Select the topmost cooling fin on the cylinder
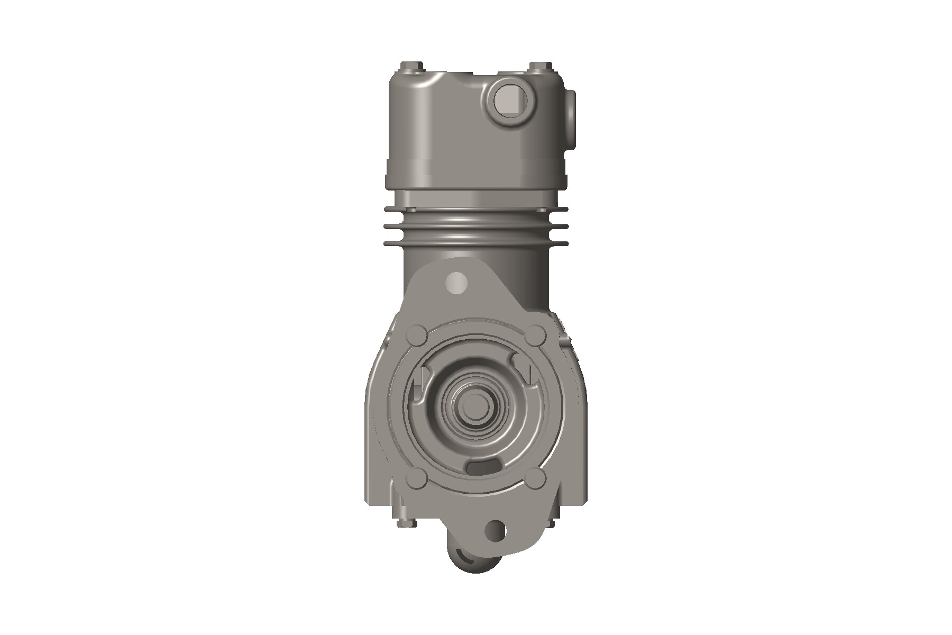click(476, 210)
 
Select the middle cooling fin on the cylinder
click(476, 226)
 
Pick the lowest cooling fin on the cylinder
click(476, 243)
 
